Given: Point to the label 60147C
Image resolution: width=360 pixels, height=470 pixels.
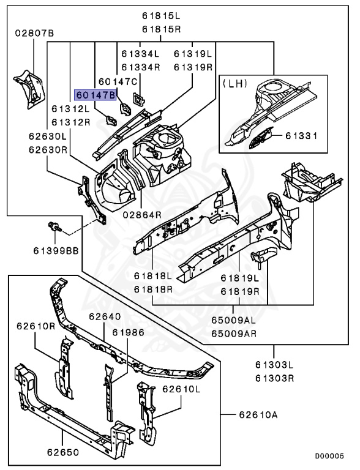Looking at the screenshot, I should pos(117,81).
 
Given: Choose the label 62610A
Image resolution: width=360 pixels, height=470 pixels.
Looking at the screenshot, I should pos(258,415).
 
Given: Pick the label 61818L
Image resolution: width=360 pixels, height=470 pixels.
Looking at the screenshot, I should pos(152,277).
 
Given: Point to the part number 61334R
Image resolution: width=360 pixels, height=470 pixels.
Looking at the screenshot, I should pos(140,67).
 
